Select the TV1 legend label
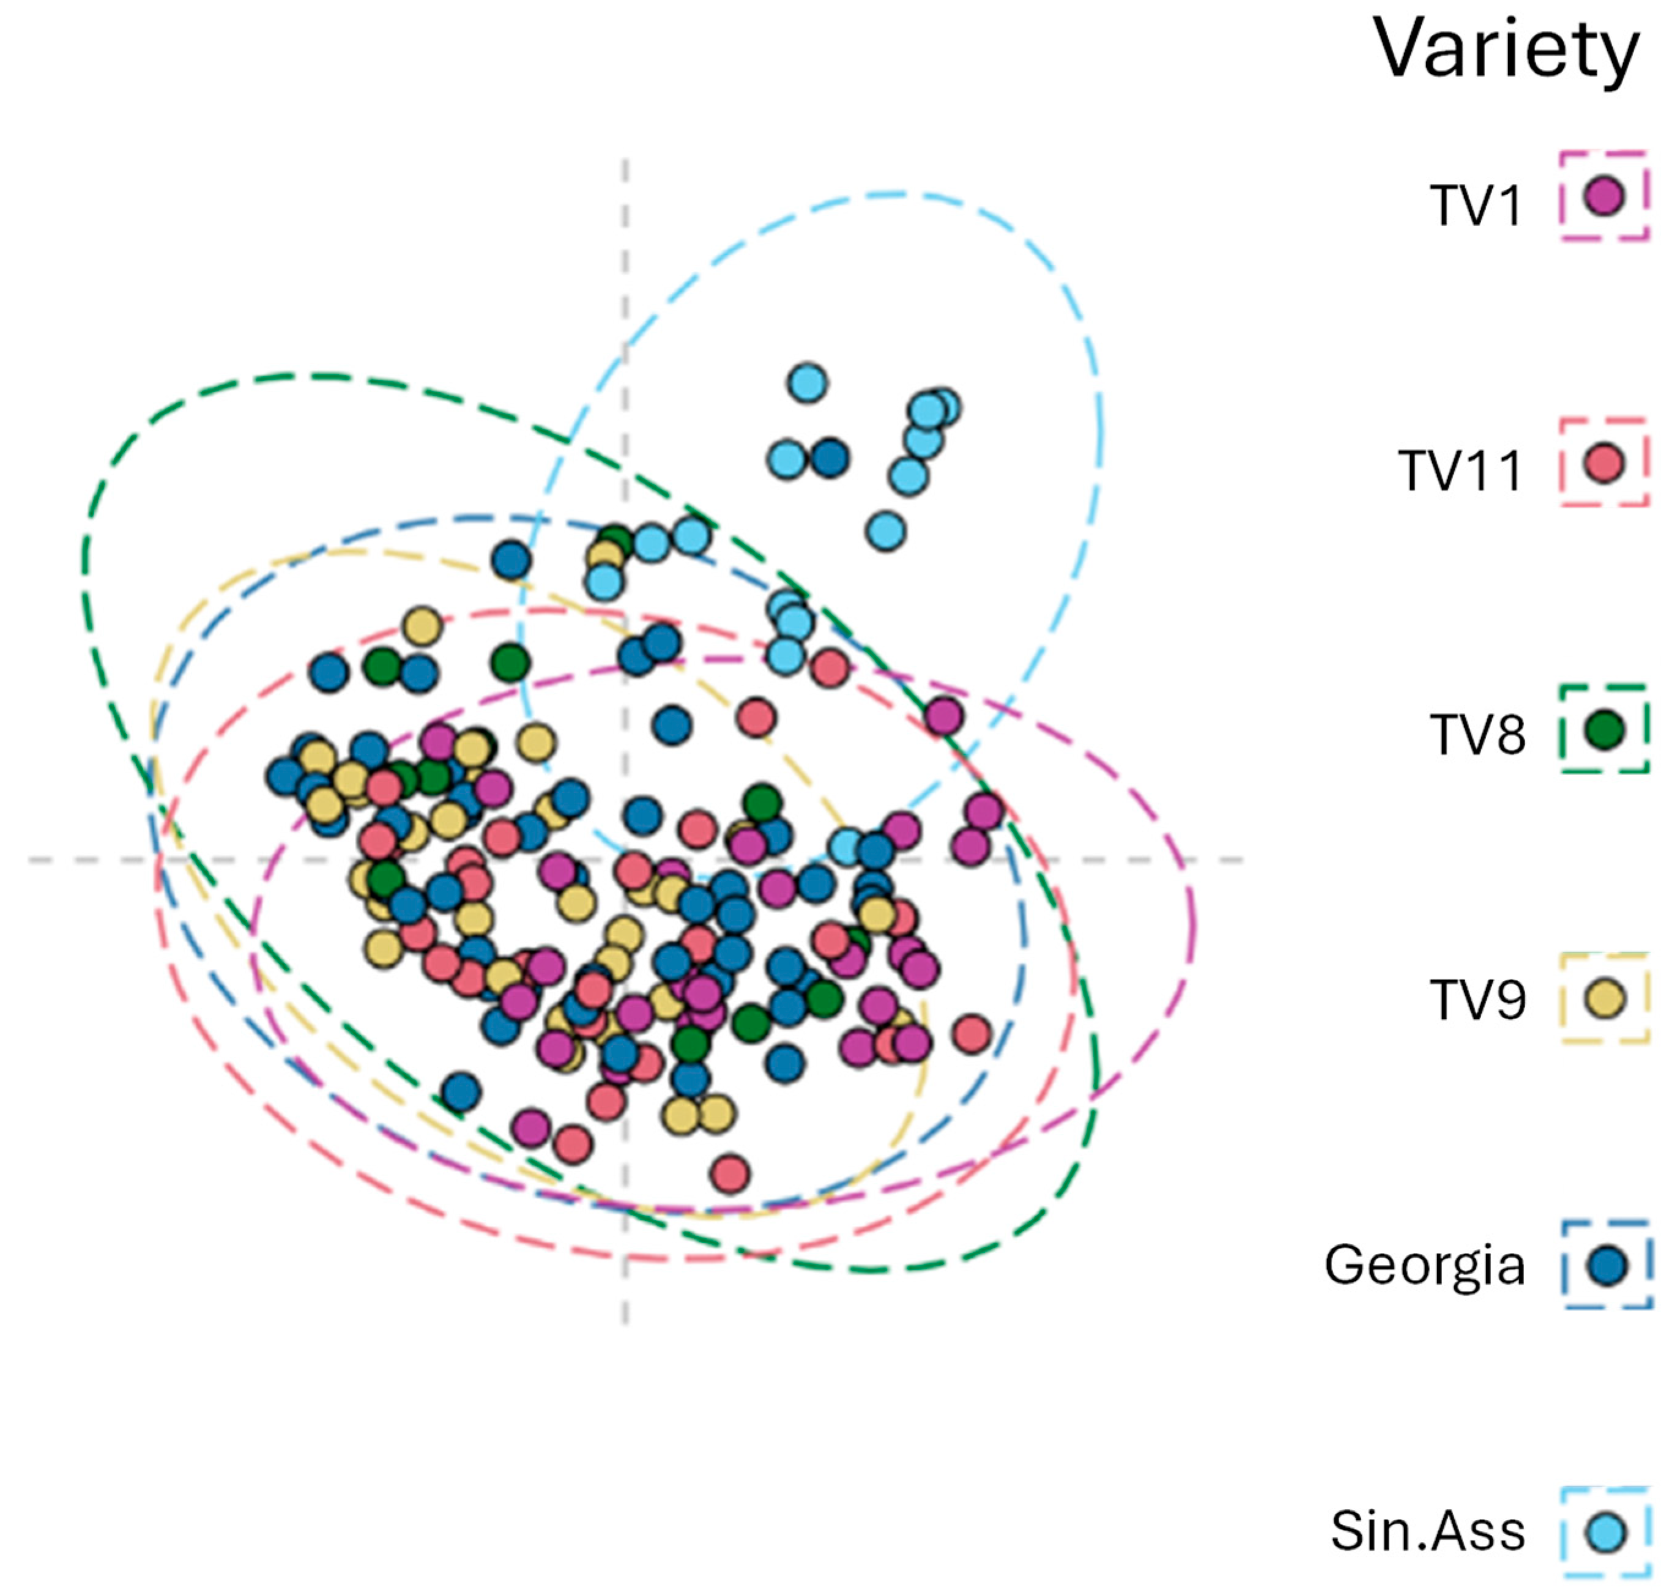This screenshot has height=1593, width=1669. click(1476, 205)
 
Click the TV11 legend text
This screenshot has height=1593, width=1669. click(1460, 470)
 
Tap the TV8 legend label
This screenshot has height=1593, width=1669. click(1477, 735)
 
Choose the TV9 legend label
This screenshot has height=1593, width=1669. click(1477, 1000)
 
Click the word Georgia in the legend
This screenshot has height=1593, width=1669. click(1424, 1265)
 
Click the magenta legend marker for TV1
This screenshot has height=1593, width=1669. click(1604, 196)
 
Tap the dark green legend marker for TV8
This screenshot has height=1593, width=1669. click(1604, 729)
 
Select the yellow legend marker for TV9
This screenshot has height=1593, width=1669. click(1604, 998)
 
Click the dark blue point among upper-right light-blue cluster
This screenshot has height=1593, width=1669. click(830, 459)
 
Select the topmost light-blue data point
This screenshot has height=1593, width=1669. click(807, 383)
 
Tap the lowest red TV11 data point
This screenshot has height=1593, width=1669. click(730, 1175)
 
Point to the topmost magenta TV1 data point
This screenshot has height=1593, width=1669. click(943, 716)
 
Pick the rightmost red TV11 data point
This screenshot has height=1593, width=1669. click(972, 1033)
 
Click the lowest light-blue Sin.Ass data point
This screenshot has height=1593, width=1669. click(846, 847)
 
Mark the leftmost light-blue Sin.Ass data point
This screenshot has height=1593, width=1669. click(604, 582)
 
